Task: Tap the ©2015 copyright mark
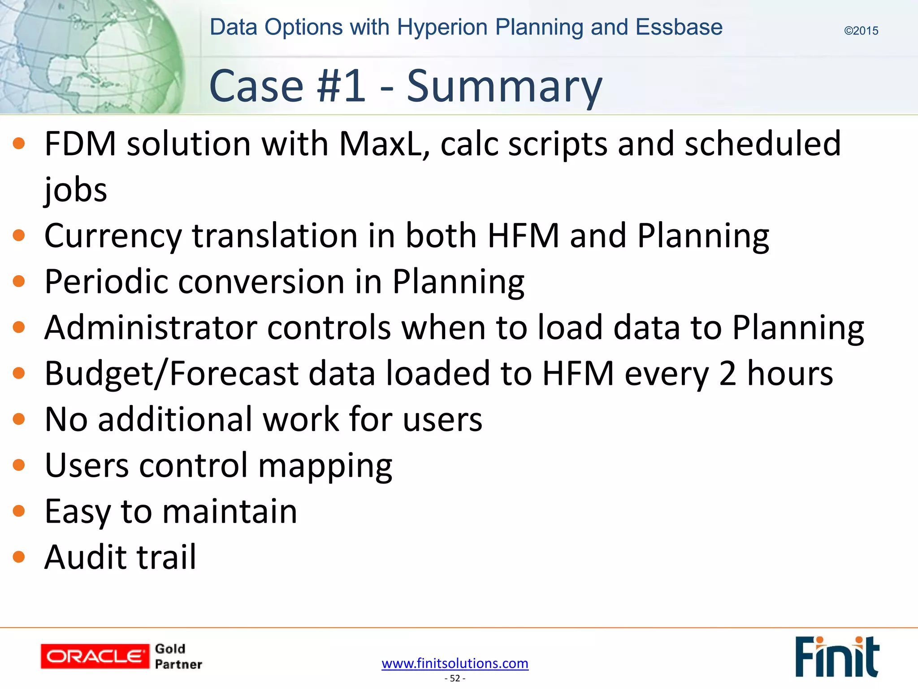[861, 31]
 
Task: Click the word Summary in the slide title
[504, 86]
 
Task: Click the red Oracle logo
[95, 656]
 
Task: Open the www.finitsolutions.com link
[455, 663]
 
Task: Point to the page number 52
[455, 678]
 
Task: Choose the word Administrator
[150, 327]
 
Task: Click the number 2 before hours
[727, 374]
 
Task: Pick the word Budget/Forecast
[172, 374]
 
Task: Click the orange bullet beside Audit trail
[19, 557]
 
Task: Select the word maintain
[229, 511]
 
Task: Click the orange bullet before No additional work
[19, 419]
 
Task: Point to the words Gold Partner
[178, 656]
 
